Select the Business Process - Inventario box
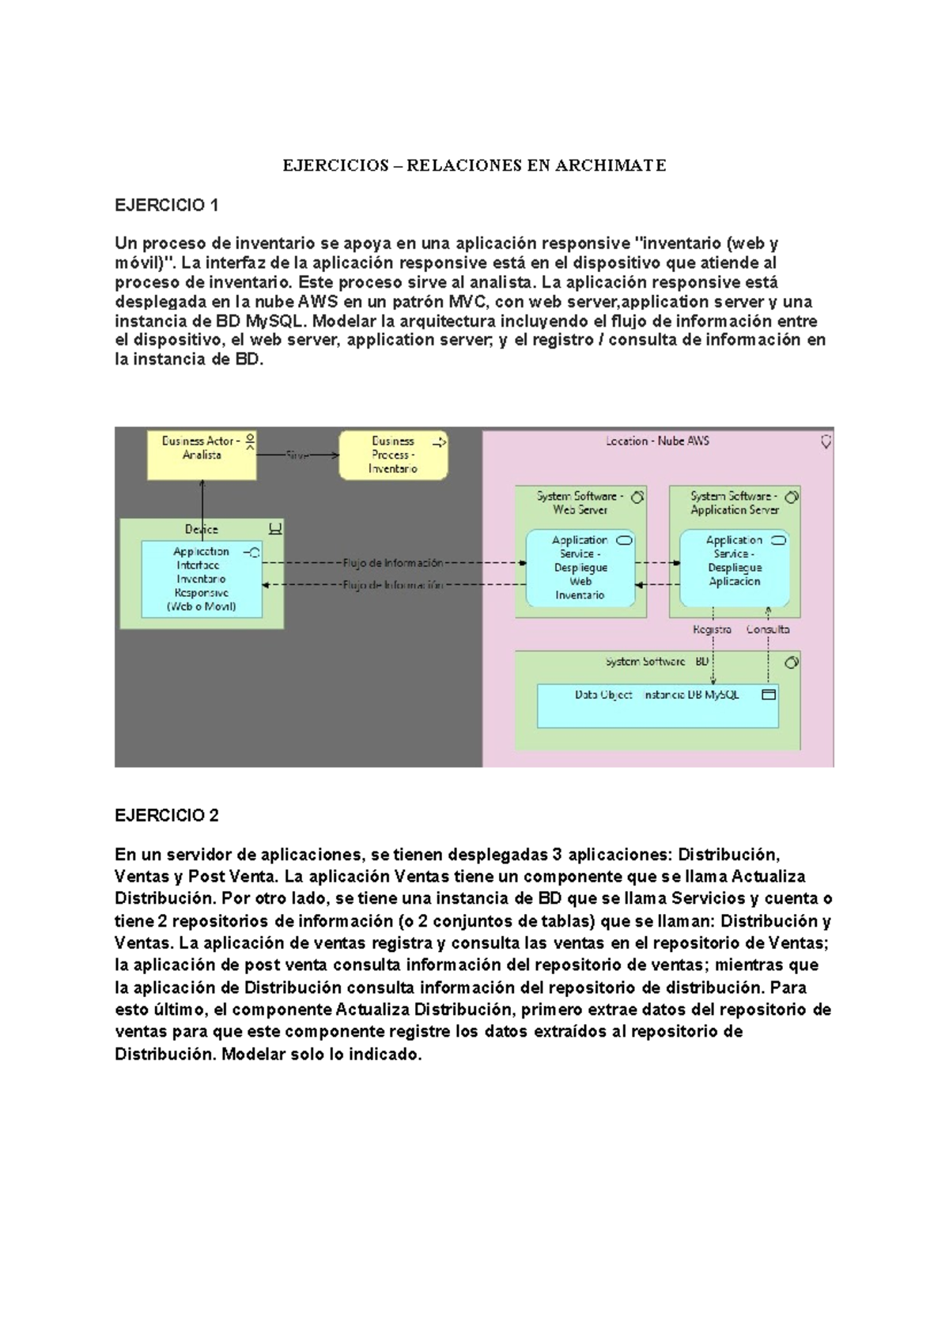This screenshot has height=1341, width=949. [x=393, y=455]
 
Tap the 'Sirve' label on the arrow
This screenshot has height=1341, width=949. [x=297, y=455]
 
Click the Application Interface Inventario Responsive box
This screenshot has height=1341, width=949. [x=202, y=580]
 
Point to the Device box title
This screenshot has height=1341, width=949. [x=202, y=529]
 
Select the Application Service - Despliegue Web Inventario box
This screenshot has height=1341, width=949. [x=580, y=568]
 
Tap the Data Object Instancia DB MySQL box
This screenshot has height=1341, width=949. [x=657, y=705]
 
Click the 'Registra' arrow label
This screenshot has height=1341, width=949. [x=712, y=629]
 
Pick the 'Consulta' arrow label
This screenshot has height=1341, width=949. [x=768, y=629]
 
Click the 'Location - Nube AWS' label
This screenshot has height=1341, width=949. [x=657, y=441]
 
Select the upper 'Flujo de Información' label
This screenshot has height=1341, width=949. [x=392, y=563]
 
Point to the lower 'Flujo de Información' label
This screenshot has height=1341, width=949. [x=392, y=585]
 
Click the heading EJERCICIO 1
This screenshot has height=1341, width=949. [x=166, y=206]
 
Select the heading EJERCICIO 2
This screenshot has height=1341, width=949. [x=166, y=815]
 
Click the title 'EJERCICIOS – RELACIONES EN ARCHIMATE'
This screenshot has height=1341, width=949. [x=475, y=165]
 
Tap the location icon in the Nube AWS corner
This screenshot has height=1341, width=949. [x=826, y=442]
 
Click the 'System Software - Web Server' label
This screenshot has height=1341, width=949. [x=580, y=503]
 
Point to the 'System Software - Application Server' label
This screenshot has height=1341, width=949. [x=734, y=503]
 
